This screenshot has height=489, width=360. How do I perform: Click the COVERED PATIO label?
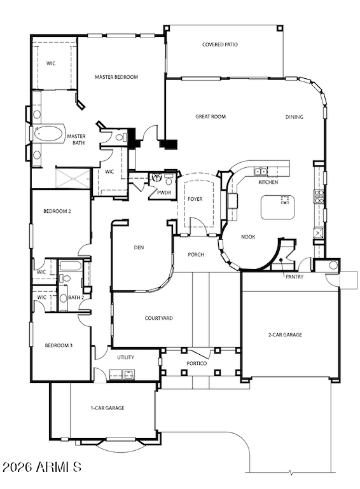(219, 45)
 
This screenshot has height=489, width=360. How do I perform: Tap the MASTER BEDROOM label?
(116, 77)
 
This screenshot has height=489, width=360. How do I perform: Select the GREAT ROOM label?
(211, 116)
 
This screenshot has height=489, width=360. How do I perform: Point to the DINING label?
(294, 117)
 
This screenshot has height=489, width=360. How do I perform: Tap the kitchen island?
(278, 207)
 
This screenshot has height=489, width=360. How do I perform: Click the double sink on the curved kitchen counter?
(261, 171)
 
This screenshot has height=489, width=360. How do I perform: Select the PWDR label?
(164, 193)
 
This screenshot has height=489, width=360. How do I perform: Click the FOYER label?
(195, 199)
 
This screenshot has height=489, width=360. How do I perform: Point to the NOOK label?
(248, 237)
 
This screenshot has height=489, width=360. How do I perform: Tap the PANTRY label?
(294, 277)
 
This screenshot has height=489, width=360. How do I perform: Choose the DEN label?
(139, 247)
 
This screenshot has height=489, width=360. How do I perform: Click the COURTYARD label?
(159, 319)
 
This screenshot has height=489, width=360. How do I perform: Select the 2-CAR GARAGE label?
(285, 335)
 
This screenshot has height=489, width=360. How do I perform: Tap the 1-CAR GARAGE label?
(107, 408)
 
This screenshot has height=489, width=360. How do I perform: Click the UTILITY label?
(126, 357)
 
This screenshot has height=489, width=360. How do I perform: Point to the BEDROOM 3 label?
(59, 345)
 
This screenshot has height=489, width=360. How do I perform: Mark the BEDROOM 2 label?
(57, 212)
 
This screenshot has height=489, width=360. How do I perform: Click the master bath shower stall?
(73, 179)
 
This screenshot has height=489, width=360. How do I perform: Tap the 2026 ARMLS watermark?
(42, 467)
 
